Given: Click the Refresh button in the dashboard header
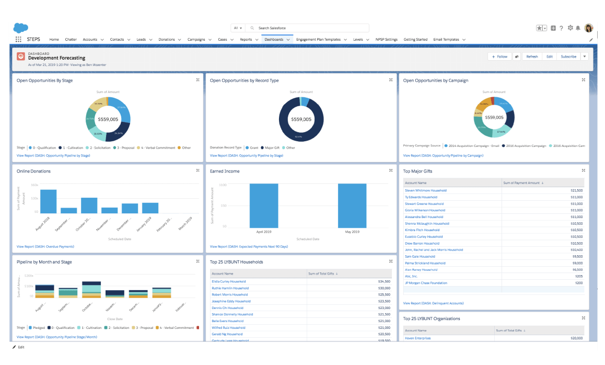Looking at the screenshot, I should (x=532, y=56).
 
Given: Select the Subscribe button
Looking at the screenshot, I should (x=568, y=56).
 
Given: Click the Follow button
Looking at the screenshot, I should (x=499, y=56).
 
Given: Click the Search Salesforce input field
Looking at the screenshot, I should (x=308, y=28).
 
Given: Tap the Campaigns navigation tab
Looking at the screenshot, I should (x=196, y=39).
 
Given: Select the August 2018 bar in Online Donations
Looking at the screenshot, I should (x=48, y=201).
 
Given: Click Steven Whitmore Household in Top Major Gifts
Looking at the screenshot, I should (x=426, y=190).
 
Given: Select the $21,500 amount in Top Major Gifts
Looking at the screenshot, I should (x=576, y=190).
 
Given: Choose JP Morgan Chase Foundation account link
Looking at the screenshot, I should (x=426, y=283).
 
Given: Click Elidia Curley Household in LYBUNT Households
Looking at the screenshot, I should (x=228, y=281).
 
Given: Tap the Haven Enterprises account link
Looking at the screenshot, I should (x=418, y=338).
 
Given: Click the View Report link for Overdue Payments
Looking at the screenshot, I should (x=45, y=246).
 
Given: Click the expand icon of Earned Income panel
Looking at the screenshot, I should (x=391, y=170).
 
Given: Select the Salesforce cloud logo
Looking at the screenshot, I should (x=21, y=28).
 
